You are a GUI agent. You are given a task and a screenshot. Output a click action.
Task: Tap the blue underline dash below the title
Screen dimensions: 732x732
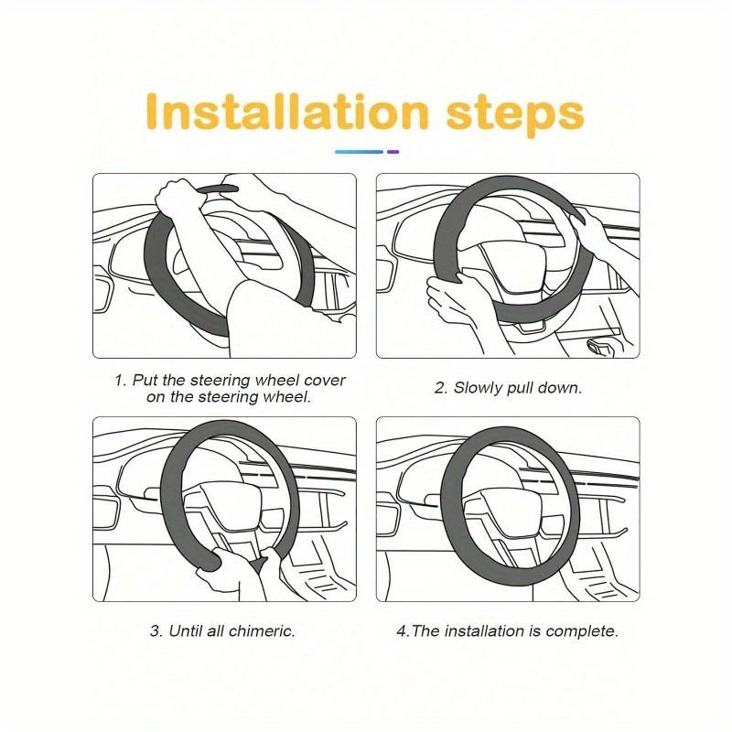[359, 151]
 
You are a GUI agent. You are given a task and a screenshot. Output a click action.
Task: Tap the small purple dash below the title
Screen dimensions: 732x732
[393, 151]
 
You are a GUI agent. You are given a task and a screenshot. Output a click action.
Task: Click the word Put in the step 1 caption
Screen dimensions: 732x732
[146, 380]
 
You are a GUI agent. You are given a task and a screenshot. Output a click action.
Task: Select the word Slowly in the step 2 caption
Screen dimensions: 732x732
[476, 388]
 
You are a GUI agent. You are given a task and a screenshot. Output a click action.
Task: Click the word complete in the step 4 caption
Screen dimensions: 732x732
[587, 631]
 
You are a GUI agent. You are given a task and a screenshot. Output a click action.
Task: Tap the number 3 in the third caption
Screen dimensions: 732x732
[154, 631]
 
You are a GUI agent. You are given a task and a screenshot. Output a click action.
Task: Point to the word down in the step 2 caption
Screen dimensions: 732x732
[563, 388]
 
